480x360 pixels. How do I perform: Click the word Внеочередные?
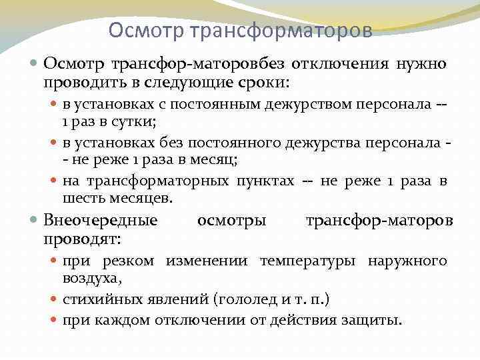(x=101, y=220)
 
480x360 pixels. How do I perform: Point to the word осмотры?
(x=231, y=220)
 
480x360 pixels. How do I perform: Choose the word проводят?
(x=86, y=239)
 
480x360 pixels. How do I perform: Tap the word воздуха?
(x=91, y=279)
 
